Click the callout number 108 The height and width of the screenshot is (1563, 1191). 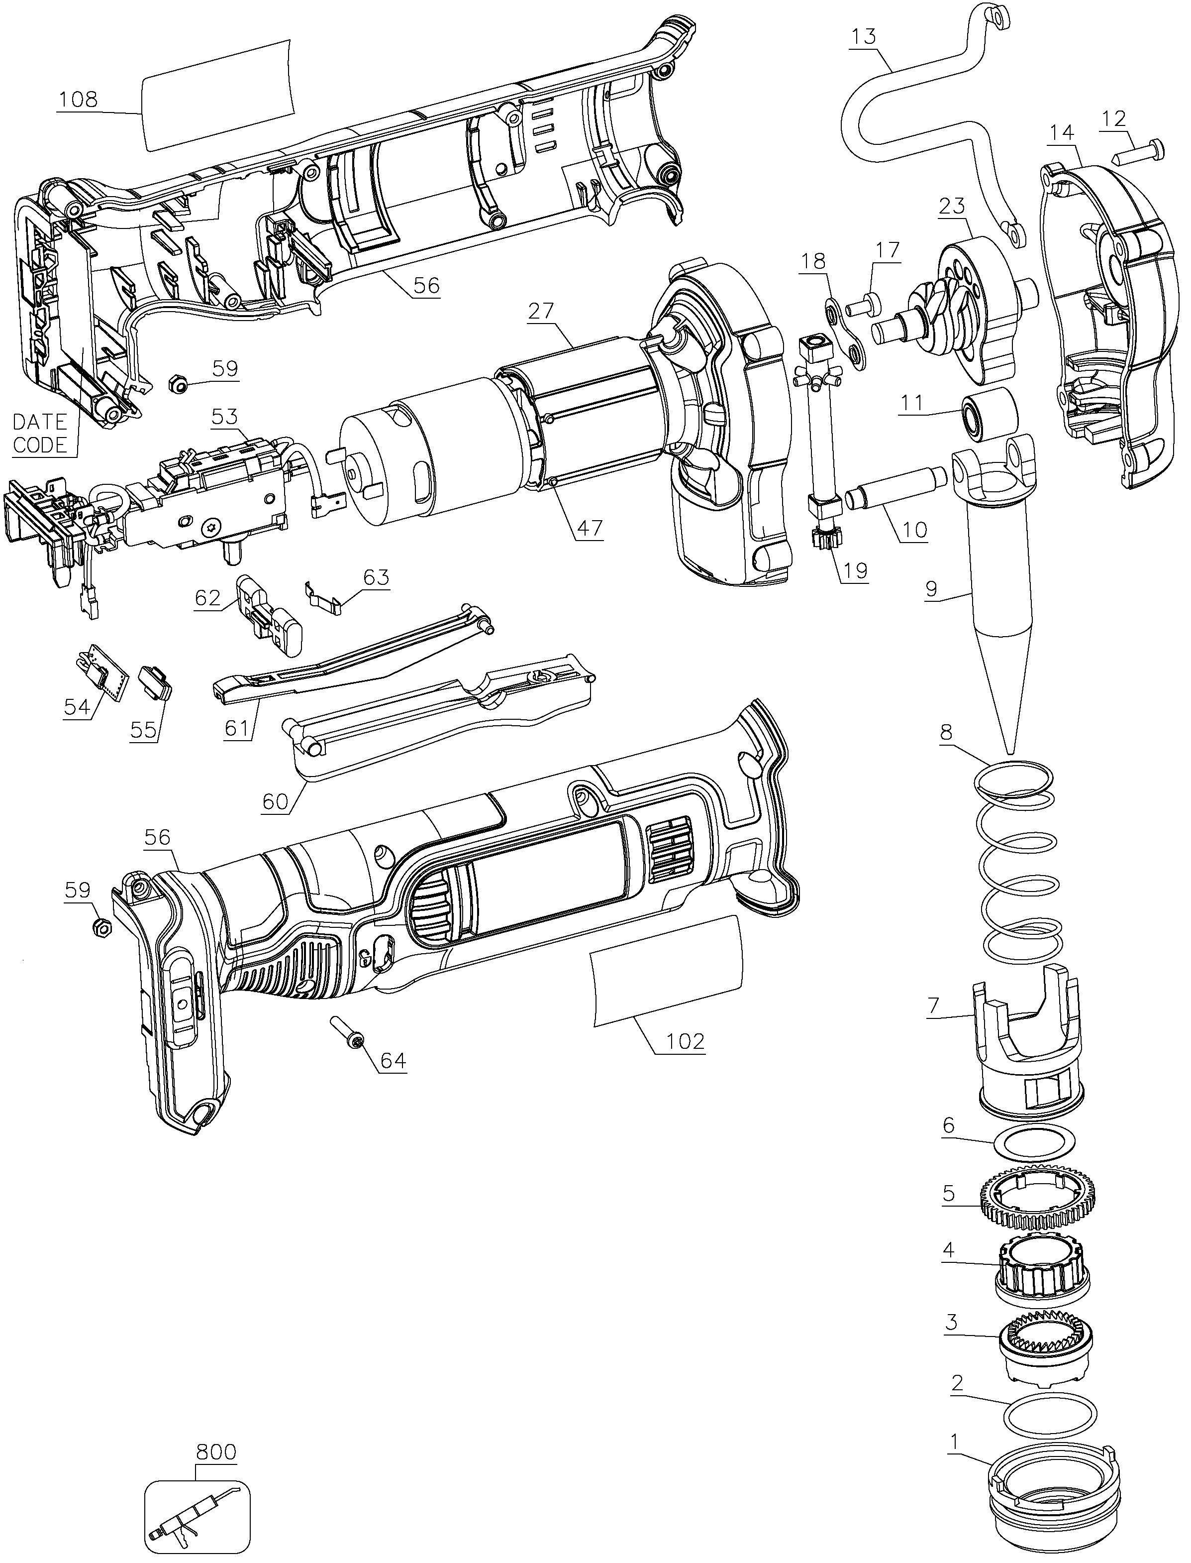point(79,99)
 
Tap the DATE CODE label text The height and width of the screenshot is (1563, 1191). point(40,433)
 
